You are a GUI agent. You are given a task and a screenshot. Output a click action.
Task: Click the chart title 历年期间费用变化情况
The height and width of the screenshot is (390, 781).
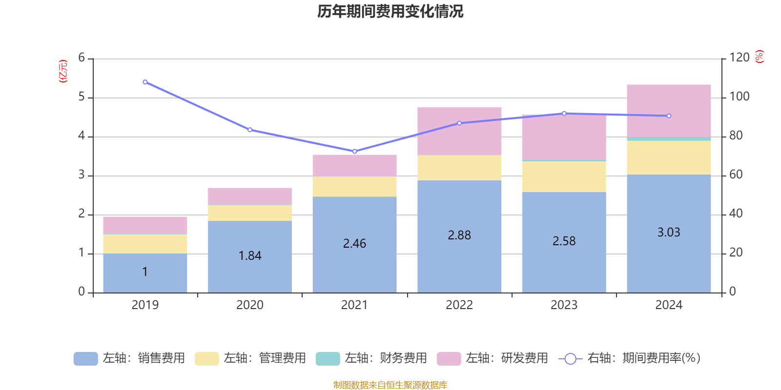[x=390, y=11]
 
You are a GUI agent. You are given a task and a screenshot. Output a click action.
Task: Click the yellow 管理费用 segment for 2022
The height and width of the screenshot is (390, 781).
[x=459, y=168]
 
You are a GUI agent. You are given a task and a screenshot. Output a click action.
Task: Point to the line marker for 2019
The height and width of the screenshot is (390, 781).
[x=145, y=82]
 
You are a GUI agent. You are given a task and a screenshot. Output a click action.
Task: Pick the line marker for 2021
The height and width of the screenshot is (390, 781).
[x=354, y=151]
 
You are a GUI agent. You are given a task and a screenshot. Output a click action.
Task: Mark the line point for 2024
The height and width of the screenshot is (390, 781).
[x=669, y=116]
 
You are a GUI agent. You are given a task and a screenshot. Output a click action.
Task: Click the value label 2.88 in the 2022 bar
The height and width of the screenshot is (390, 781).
[x=459, y=235]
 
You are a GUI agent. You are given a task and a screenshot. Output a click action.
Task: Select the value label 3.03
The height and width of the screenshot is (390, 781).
[x=669, y=233]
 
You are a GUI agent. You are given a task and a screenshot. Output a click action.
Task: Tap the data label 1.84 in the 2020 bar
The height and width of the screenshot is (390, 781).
[x=250, y=256]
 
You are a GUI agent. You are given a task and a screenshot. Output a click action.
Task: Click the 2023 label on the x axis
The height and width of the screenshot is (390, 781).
[x=564, y=305]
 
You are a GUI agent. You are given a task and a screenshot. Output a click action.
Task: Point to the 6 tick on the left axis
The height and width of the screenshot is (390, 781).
[x=82, y=58]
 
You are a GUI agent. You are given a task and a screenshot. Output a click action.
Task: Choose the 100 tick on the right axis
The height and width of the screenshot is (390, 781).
[x=739, y=97]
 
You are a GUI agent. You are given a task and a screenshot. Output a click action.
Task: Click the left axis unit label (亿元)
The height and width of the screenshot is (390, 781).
[x=63, y=71]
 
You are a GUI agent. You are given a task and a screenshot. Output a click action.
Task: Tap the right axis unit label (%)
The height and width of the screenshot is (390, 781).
[x=760, y=57]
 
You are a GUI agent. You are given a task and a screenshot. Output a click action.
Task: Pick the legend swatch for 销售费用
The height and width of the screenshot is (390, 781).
[x=85, y=359]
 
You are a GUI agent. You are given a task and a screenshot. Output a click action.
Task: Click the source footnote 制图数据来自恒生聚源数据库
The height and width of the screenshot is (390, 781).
[x=390, y=385]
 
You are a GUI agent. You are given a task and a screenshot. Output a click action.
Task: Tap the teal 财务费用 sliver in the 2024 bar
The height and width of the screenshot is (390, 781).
[x=669, y=139]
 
